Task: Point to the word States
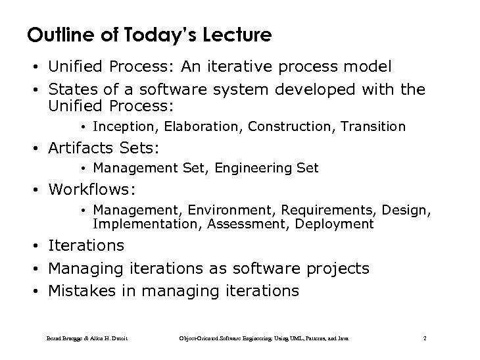(71, 89)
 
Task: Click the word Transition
(374, 126)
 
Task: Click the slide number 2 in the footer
(425, 338)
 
